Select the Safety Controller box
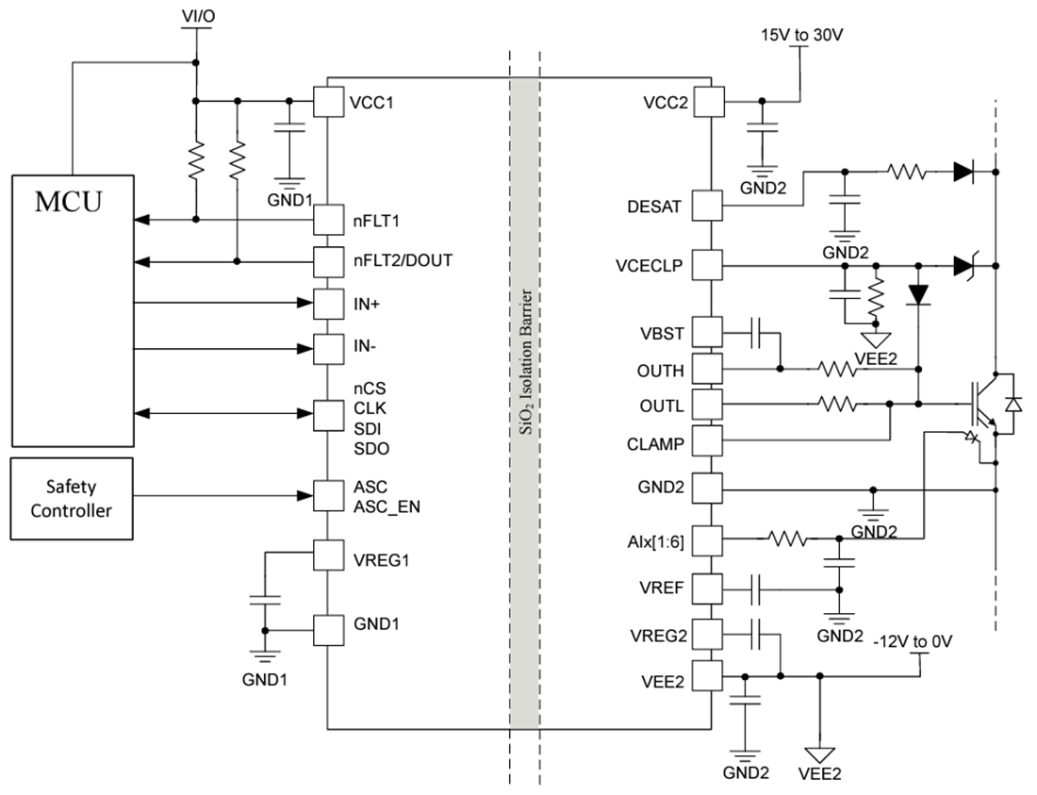pyautogui.click(x=72, y=499)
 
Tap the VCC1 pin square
pyautogui.click(x=327, y=102)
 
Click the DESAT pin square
pyautogui.click(x=708, y=205)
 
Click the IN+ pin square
pyautogui.click(x=327, y=304)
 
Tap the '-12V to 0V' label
pyautogui.click(x=914, y=641)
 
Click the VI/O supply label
pyautogui.click(x=195, y=16)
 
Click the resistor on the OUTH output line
pyautogui.click(x=837, y=369)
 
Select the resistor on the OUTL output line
pyautogui.click(x=837, y=404)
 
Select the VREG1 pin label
pyautogui.click(x=381, y=558)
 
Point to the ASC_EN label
pyautogui.click(x=387, y=506)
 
